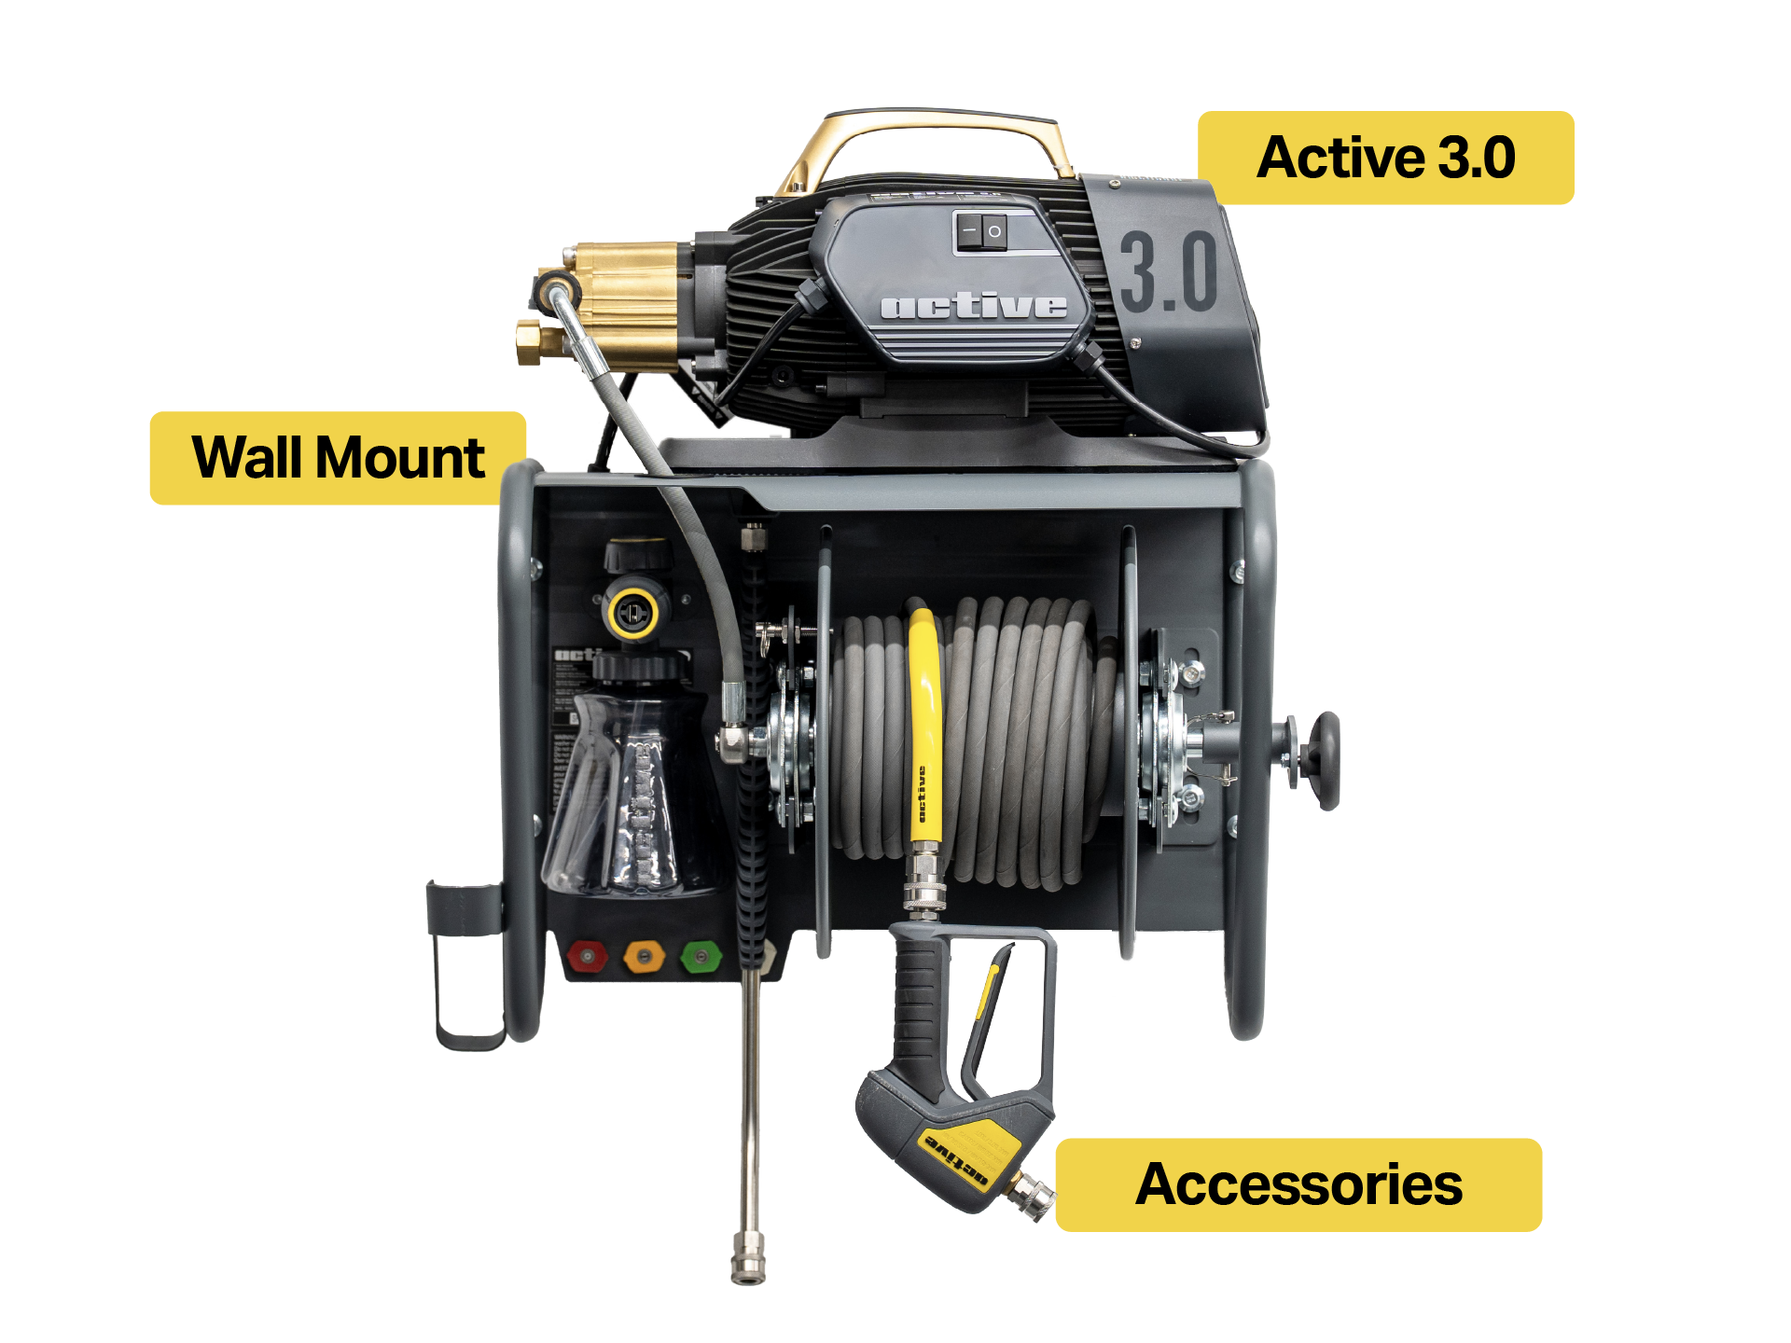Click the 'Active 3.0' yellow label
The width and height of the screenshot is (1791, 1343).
[x=1385, y=158]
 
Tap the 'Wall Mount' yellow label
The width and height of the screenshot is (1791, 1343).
[x=338, y=458]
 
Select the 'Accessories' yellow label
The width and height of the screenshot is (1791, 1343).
[x=1298, y=1184]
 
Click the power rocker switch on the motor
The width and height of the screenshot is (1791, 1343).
[x=980, y=230]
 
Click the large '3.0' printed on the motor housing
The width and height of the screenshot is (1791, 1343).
[x=1169, y=272]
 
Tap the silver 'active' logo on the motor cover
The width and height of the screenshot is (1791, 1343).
[x=973, y=306]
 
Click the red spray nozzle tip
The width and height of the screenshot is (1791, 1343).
[x=587, y=956]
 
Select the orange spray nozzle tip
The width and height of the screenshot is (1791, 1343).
[x=644, y=956]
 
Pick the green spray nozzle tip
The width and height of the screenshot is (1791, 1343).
[x=701, y=956]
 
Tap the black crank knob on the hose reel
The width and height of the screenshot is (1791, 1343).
[x=1321, y=759]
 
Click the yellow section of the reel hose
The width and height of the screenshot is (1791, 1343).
[x=923, y=727]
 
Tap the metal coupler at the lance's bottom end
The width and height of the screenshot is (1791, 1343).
[x=748, y=1257]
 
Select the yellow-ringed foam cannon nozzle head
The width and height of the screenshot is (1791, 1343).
[x=633, y=612]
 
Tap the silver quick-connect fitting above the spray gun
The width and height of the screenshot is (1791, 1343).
[x=923, y=881]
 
